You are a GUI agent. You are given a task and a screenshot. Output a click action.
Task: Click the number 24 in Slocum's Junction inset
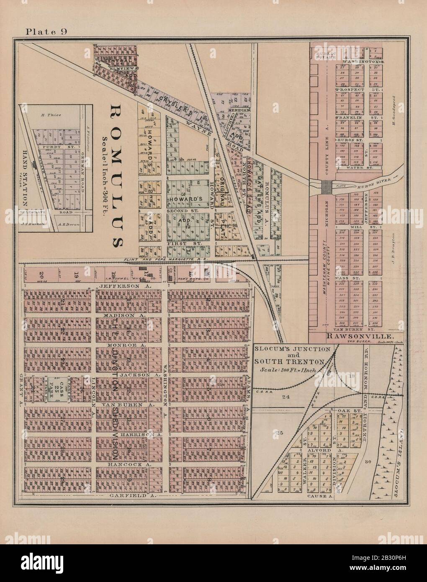(286, 396)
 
